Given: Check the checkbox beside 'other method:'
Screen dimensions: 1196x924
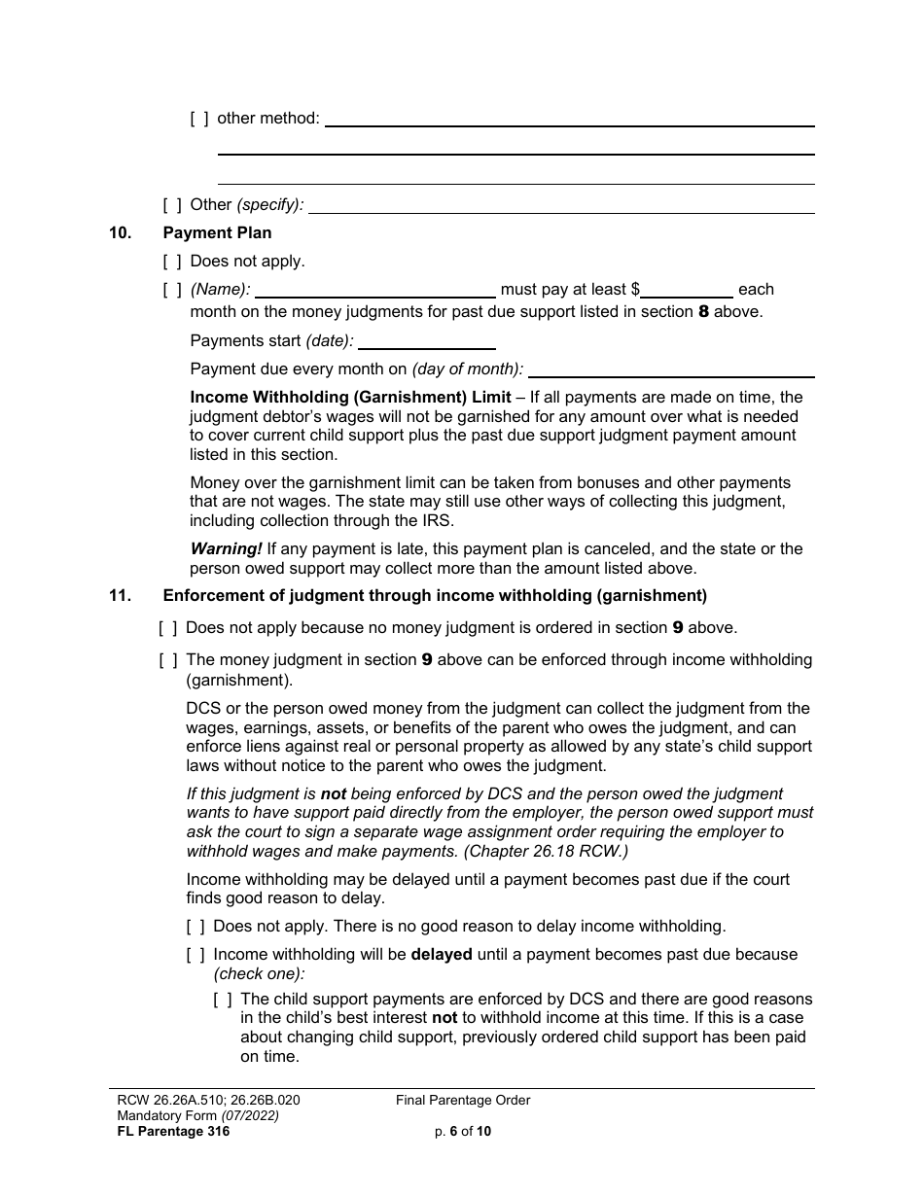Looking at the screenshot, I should click(198, 119).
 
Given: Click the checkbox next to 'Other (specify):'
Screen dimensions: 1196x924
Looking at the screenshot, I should click(171, 205).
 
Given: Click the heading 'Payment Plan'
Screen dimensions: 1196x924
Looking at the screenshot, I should click(217, 233).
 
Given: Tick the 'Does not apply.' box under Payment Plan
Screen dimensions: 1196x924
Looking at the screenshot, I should click(171, 262).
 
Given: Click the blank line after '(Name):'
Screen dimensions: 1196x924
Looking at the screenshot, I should click(374, 290).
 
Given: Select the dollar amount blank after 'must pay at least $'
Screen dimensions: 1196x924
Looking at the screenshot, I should click(687, 290).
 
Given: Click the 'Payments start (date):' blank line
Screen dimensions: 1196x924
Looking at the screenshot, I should click(426, 341).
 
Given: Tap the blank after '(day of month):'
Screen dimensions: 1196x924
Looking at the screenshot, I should click(670, 369).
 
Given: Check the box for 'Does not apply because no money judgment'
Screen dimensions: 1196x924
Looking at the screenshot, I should click(167, 628).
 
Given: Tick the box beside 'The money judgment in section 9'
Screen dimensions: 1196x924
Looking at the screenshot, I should click(167, 660).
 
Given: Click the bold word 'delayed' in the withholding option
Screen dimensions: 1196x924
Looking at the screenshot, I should click(442, 955).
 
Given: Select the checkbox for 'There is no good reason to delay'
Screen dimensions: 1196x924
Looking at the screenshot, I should click(195, 927).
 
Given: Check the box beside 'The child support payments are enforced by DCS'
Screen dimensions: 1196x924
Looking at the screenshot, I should click(222, 1000).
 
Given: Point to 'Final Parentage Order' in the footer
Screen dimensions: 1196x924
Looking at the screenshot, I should click(463, 1101).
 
